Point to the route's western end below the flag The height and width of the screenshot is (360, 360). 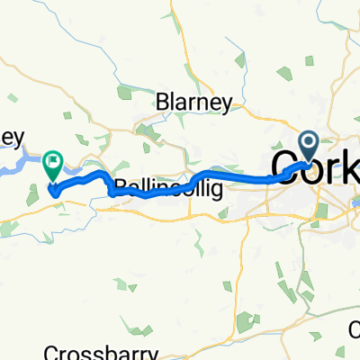tap(54, 191)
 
